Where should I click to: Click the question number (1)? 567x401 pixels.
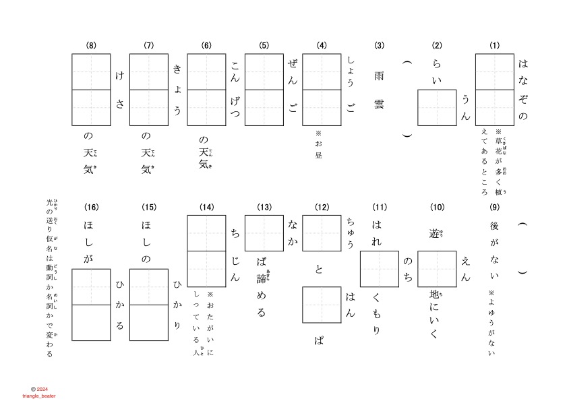pos(494,46)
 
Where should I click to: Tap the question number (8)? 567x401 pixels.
pos(91,46)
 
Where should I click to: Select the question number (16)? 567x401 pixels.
pos(91,206)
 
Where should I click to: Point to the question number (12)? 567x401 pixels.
pos(322,206)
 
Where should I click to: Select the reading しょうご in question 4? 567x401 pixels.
pos(351,83)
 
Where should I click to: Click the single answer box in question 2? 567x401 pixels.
pos(437,107)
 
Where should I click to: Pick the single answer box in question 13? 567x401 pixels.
pos(264,233)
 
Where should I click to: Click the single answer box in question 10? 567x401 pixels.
pos(437,268)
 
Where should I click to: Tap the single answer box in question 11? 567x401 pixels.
pos(379,268)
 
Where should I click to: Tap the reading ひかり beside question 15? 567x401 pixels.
pos(177,305)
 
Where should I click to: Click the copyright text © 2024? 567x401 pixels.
pos(40,389)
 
